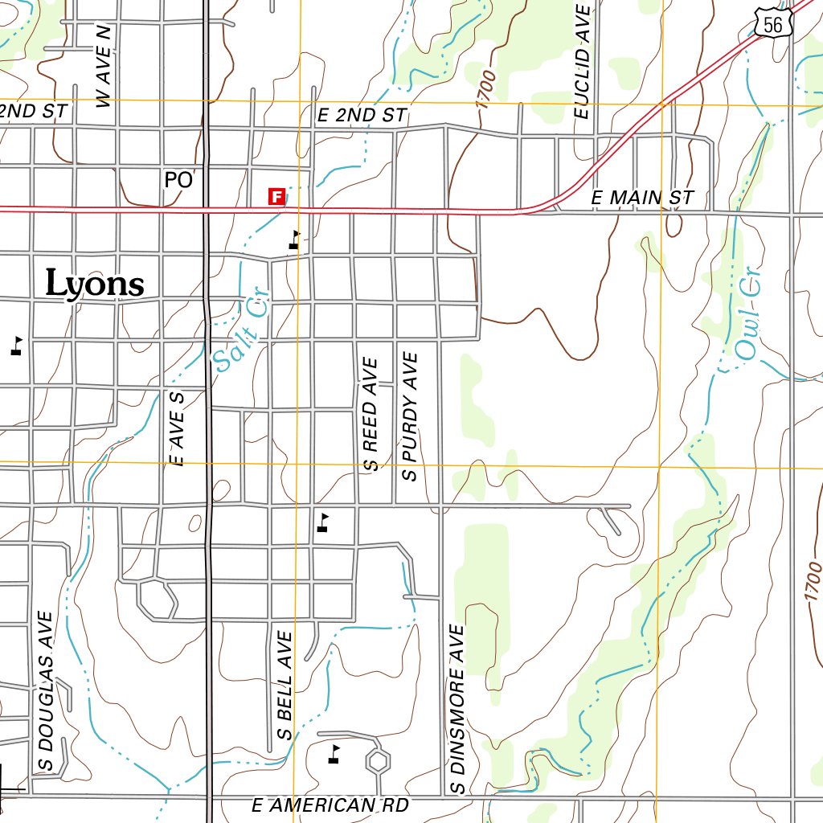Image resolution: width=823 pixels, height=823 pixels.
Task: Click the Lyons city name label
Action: (x=95, y=284)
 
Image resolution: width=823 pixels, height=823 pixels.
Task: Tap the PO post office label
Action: (x=178, y=180)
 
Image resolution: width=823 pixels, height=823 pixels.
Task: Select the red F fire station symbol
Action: (x=276, y=196)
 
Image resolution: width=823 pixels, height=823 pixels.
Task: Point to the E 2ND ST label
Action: (x=362, y=116)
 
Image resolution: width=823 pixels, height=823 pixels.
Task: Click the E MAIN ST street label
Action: (x=641, y=198)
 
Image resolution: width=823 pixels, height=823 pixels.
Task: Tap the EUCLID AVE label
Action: (x=583, y=60)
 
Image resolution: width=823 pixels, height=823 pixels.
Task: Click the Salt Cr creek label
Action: (x=240, y=336)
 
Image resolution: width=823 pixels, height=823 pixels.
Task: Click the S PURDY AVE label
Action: (x=411, y=416)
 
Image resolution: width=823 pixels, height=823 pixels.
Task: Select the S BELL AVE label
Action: (x=284, y=685)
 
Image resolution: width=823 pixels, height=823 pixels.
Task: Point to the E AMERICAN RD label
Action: (x=330, y=805)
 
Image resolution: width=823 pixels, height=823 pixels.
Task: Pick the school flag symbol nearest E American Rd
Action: (x=334, y=753)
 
